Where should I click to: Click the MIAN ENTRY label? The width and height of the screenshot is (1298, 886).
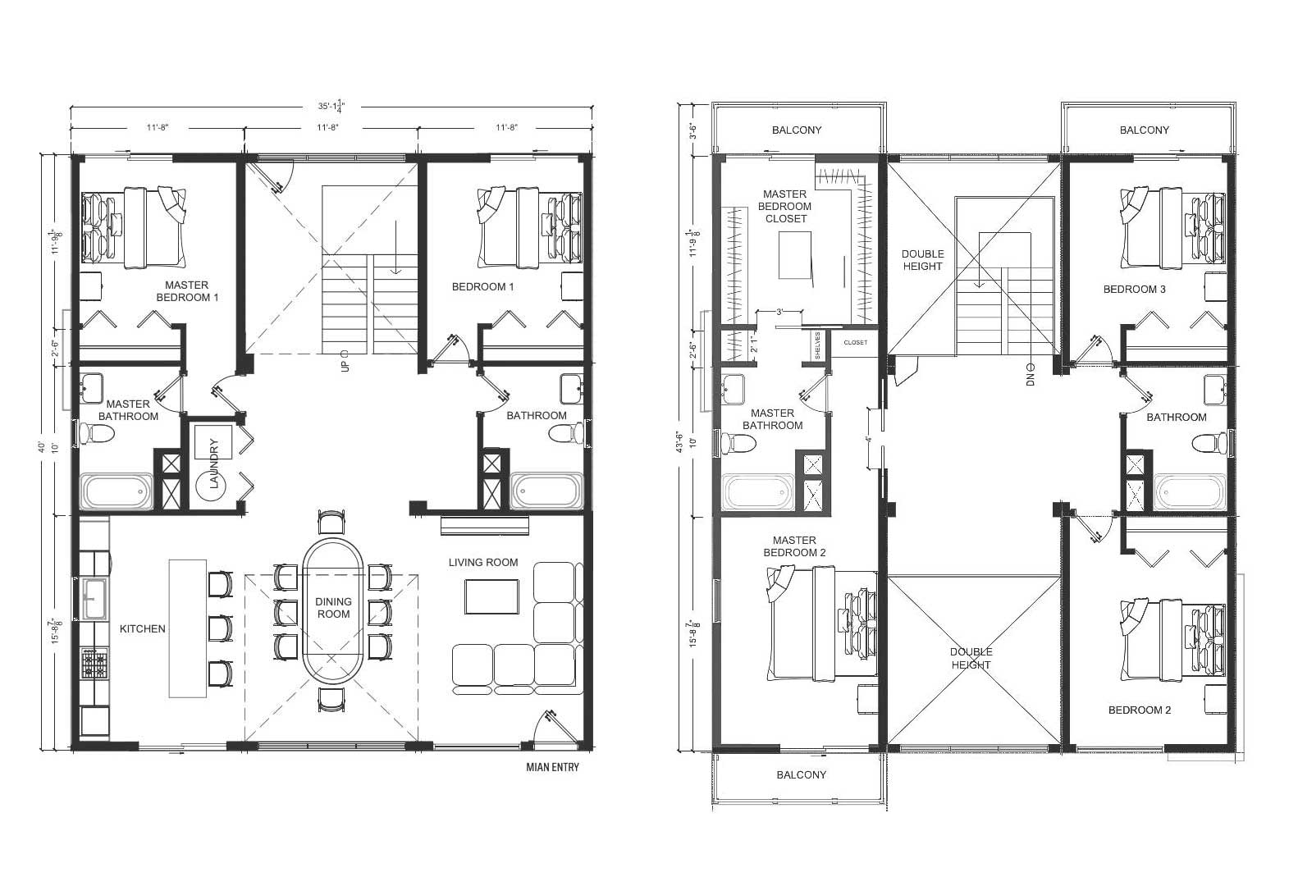click(x=552, y=768)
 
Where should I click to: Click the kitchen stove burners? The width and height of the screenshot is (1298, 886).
click(x=94, y=663)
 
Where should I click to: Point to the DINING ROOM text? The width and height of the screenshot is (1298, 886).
click(x=333, y=608)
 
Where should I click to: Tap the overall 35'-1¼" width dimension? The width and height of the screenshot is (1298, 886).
click(x=332, y=107)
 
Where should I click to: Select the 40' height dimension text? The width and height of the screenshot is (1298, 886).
click(x=42, y=448)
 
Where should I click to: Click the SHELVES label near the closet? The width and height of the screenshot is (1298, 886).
click(x=818, y=345)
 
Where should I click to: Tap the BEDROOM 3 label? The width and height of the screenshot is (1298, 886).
click(x=1134, y=290)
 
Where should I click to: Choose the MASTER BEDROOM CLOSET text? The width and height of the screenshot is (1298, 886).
click(x=786, y=207)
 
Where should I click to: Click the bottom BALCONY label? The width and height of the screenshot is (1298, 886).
click(x=801, y=775)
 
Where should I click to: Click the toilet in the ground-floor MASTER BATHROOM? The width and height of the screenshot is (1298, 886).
click(x=88, y=432)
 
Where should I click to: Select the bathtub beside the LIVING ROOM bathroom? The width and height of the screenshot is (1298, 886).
click(x=547, y=491)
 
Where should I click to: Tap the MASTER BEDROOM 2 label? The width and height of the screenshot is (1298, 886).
click(x=794, y=546)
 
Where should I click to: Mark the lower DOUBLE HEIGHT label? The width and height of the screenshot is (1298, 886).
click(x=971, y=659)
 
